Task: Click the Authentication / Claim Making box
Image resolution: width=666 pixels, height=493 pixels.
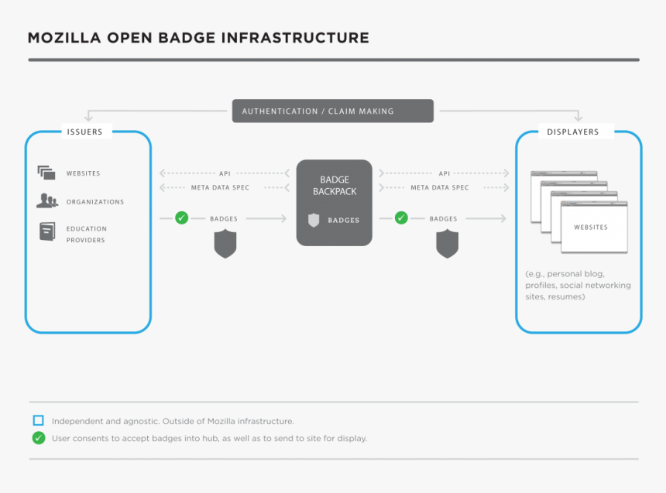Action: (x=332, y=111)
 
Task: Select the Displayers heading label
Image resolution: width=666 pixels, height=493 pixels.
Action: (x=572, y=132)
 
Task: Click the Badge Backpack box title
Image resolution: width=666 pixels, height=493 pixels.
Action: (x=335, y=185)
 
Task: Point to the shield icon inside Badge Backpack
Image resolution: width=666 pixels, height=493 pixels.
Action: (x=314, y=220)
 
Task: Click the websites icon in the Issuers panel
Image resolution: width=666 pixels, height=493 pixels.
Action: (x=46, y=173)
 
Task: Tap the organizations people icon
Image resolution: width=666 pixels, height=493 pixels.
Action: (x=46, y=201)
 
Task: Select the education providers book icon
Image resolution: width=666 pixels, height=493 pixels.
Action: (x=47, y=231)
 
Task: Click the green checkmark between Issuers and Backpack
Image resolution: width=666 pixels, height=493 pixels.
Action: (x=181, y=218)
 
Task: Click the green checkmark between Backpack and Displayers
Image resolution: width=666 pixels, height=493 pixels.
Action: (x=401, y=218)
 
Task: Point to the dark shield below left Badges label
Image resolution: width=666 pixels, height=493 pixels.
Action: (x=225, y=245)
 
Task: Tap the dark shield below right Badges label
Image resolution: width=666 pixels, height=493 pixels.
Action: (x=447, y=245)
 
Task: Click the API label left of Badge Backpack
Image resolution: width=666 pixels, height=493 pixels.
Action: (x=225, y=173)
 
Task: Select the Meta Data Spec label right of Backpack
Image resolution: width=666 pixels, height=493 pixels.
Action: (x=439, y=187)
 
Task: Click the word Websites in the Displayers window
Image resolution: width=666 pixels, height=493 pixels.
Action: (x=590, y=228)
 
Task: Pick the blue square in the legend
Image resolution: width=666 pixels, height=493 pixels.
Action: (x=38, y=420)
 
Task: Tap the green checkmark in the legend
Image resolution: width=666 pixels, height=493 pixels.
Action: (x=38, y=438)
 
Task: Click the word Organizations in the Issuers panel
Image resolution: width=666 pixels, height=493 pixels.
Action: (x=94, y=202)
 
